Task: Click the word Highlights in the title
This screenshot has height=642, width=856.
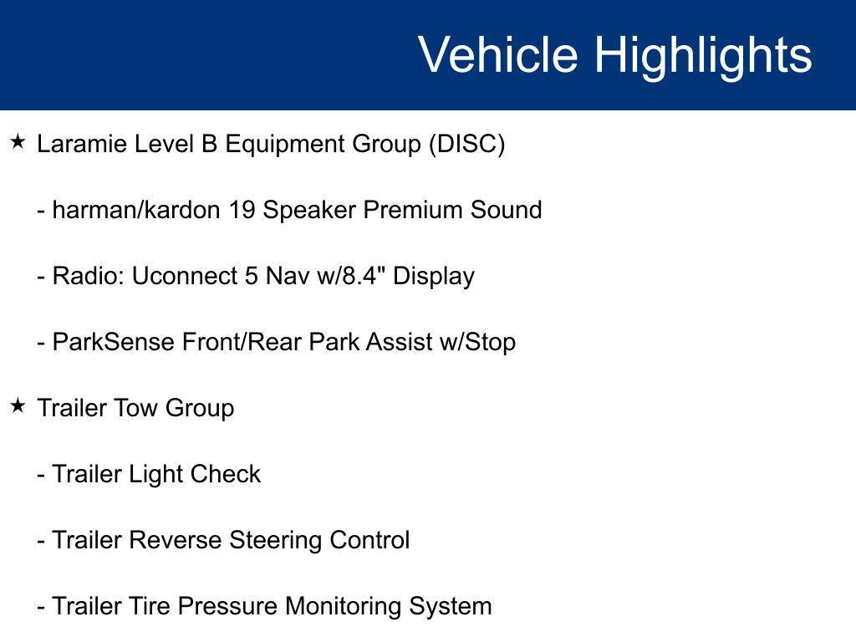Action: (x=703, y=55)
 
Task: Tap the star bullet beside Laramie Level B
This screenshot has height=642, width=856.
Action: (x=18, y=142)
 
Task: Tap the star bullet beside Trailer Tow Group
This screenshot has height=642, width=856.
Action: (x=18, y=406)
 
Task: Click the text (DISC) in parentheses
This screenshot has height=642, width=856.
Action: (x=466, y=145)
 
